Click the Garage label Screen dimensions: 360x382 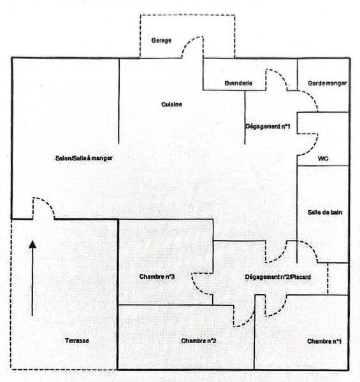pos(161,40)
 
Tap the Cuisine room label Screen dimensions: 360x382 pos(171,104)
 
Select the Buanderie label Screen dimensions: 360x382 pos(238,83)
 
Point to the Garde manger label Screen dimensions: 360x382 pos(327,83)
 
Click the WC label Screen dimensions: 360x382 pos(323,159)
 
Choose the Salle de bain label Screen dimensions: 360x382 pos(325,212)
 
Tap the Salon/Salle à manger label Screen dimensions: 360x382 pos(84,158)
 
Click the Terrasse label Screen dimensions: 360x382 pos(76,341)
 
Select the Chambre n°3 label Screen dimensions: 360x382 pos(157,276)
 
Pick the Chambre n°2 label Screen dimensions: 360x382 pos(199,341)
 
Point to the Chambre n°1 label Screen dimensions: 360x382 pos(324,341)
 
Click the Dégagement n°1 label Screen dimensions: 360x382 pos(268,127)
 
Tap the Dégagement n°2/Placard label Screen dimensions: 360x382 pos(278,277)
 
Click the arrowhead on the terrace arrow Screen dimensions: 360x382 pos(32,244)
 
